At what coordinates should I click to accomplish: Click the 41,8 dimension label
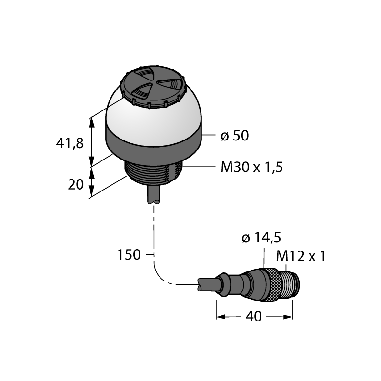tap(70, 143)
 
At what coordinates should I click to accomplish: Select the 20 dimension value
tap(76, 185)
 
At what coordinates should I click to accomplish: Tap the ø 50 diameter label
tap(235, 136)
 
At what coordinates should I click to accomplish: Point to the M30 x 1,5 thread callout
tap(252, 167)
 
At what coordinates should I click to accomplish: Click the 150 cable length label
tap(129, 255)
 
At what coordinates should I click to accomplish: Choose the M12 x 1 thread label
tap(301, 256)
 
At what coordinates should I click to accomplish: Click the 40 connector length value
tap(254, 316)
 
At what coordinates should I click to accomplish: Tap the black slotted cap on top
tap(152, 86)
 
